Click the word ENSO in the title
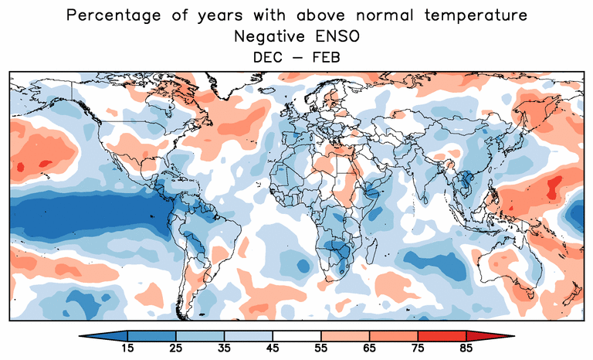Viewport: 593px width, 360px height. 340,36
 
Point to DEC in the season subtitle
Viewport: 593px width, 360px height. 266,56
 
